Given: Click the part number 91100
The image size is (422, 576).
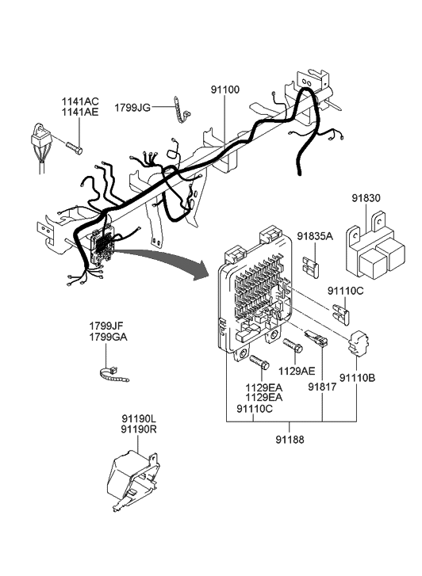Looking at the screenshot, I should tap(228, 90).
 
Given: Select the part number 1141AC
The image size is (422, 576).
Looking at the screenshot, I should tap(81, 101).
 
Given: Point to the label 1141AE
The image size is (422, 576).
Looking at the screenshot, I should tap(81, 113).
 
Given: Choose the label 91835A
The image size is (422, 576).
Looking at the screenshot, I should tap(316, 236).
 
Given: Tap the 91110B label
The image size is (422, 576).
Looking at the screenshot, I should tap(359, 378).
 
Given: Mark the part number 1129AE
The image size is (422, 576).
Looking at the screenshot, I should tap(297, 370).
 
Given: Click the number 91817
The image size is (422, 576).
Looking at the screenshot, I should tap(323, 388).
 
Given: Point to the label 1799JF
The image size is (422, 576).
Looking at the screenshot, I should tap(106, 326).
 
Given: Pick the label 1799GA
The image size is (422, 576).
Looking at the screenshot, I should tap(106, 337).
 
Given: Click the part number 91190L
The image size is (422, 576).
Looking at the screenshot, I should tap(139, 418).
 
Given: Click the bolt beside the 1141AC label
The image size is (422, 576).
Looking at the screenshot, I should tap(74, 147).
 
